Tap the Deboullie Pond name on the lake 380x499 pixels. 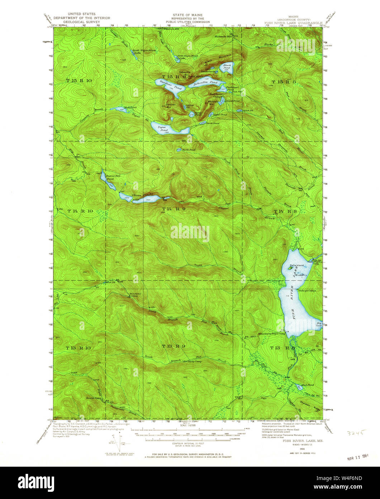[x=203, y=84]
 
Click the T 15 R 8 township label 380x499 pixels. [x=283, y=82]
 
